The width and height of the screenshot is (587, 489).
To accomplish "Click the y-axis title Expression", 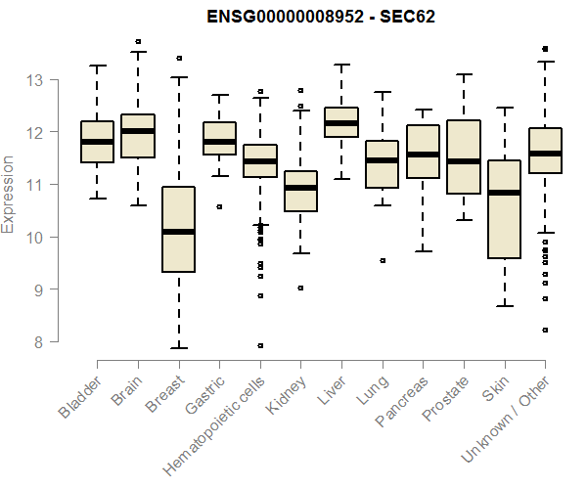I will pos(9,194).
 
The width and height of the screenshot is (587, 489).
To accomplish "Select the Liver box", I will pos(341,122).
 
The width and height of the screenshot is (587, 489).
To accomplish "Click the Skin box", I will pos(504,209).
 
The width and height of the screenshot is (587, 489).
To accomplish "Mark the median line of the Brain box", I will pos(138,131).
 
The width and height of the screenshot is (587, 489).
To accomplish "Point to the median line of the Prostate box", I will pos(464,161).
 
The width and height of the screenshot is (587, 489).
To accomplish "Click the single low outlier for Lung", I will pos(383,261).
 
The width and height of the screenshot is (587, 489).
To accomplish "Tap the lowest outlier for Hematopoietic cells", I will pos(260,345).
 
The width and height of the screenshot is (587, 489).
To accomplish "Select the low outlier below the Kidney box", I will pos(300,288).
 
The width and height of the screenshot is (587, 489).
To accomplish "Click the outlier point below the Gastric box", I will pos(219,206).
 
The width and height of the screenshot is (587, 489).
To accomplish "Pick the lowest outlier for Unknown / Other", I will pos(545,331).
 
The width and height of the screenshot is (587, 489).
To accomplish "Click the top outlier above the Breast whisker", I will pos(179,59).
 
